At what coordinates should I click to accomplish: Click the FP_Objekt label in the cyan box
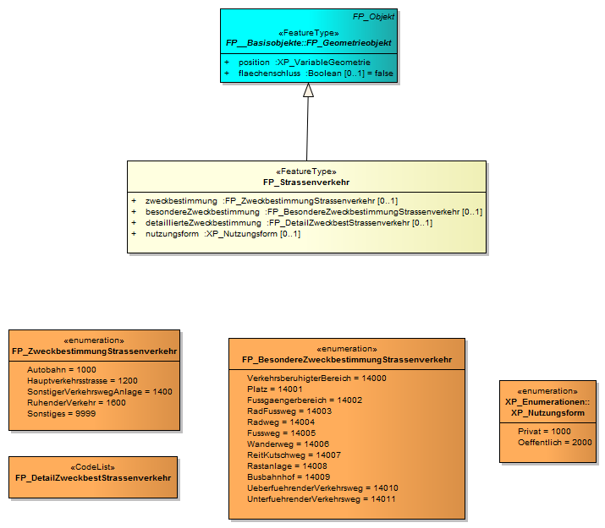tap(373, 16)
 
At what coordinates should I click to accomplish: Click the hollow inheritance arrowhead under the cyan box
tap(308, 90)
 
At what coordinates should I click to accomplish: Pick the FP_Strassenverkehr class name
tap(306, 182)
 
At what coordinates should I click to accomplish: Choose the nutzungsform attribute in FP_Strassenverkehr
tap(223, 234)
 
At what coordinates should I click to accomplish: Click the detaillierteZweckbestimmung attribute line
tap(289, 223)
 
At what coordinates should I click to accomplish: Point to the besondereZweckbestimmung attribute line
tap(313, 212)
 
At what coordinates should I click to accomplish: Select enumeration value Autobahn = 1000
tap(62, 370)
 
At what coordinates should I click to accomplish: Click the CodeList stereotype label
tap(93, 466)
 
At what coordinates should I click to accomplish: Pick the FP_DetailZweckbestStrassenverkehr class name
tap(93, 477)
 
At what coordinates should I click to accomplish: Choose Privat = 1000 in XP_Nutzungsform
tap(545, 431)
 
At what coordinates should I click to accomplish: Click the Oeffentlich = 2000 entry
tap(555, 442)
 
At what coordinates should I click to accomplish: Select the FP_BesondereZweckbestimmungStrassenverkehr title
tap(347, 360)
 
